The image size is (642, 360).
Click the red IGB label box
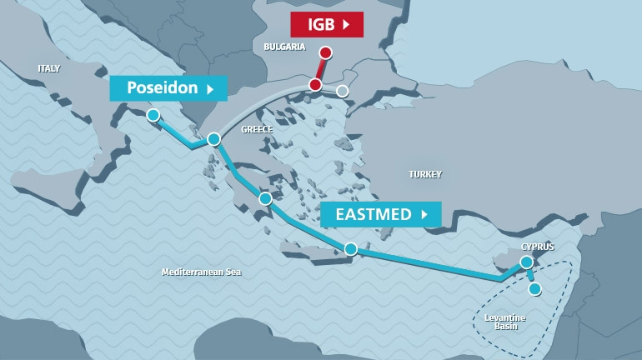pos(326,24)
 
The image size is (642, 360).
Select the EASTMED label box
pos(380,214)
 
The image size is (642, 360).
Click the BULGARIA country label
pos(284,47)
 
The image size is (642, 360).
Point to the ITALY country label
pos(49,68)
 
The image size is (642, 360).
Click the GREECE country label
pos(257,129)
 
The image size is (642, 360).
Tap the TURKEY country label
pos(425,174)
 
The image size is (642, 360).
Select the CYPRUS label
pos(537,247)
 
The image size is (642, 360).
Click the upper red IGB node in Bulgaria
pos(326,52)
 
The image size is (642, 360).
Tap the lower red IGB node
pos(315,84)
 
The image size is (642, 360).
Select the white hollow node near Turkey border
pos(342,91)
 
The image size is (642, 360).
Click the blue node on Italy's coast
pos(153,115)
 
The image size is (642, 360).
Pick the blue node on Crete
pos(351,248)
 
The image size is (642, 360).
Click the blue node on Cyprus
pos(526,262)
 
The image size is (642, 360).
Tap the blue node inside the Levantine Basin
pos(534,289)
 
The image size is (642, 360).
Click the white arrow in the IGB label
pos(346,24)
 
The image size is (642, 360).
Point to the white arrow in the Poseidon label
pos(211,87)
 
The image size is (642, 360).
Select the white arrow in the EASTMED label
pos(424,214)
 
